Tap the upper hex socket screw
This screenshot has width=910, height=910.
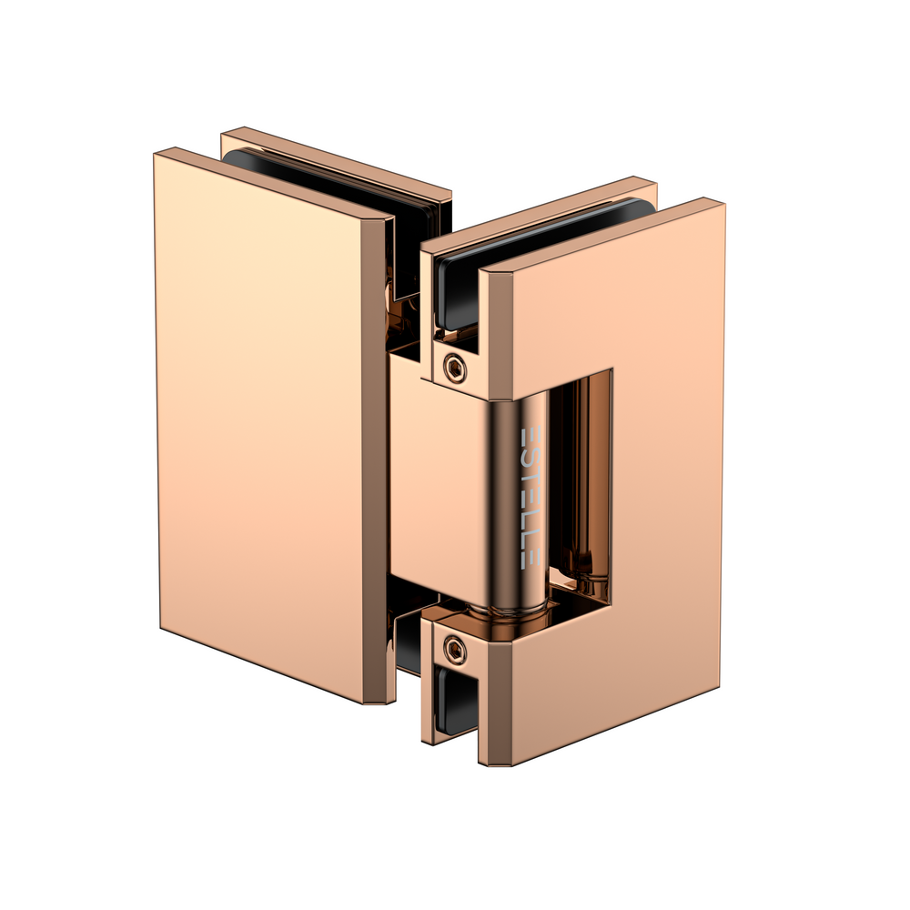pos(453,367)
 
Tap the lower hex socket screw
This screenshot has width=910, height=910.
pos(453,648)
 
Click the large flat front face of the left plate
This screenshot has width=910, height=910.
pos(259,419)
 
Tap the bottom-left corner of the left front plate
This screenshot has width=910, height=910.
pos(161,627)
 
